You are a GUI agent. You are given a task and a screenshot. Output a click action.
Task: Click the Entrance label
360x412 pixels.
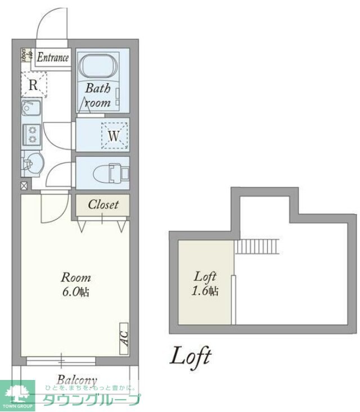[x=53, y=57]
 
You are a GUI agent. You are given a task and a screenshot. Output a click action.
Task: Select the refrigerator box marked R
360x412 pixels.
[x=34, y=85]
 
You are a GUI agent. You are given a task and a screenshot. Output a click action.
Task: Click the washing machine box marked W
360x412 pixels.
[x=114, y=135]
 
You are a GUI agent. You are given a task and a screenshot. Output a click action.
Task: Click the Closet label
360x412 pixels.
[x=103, y=205]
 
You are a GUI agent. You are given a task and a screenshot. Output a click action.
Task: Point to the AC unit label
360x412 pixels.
[x=124, y=338]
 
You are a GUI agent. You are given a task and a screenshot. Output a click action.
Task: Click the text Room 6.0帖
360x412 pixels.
[x=76, y=284]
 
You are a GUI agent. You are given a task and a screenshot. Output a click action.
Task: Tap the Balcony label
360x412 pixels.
[x=76, y=380]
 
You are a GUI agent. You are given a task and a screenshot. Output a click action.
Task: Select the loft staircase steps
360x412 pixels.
[x=258, y=246]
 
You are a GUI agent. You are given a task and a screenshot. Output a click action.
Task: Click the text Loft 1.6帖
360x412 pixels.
[x=206, y=283]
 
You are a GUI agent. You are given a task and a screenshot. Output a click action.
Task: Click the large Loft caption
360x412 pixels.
[x=191, y=356]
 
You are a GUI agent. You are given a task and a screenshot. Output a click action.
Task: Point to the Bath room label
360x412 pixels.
[x=98, y=96]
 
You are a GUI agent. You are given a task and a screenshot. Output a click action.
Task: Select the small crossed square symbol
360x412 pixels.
[x=24, y=185]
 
